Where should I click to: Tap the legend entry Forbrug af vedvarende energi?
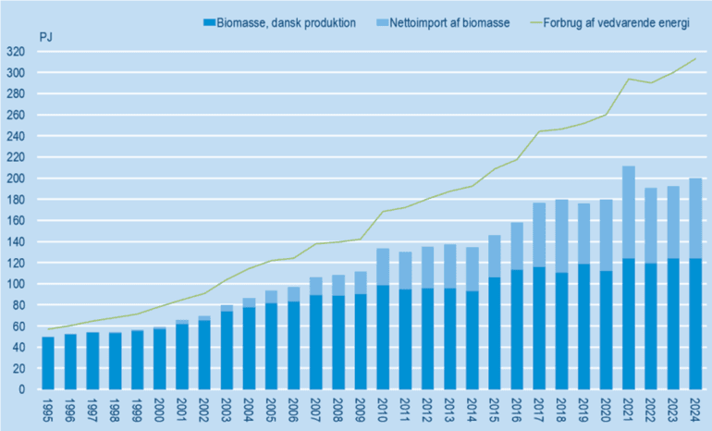click(615, 23)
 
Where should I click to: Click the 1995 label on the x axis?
click(48, 409)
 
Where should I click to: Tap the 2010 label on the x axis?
click(382, 409)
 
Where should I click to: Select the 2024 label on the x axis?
click(694, 409)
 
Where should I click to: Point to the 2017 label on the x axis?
click(538, 409)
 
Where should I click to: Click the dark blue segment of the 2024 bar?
click(694, 324)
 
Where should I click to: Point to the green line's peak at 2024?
click(694, 59)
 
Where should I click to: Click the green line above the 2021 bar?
click(628, 79)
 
